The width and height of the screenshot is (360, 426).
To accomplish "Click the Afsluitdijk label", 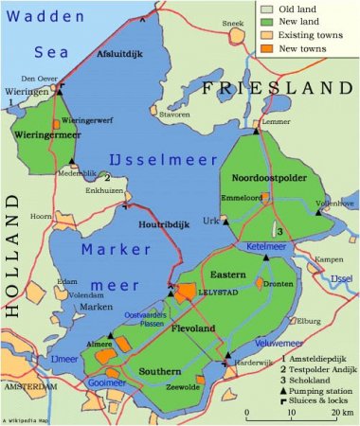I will [x=118, y=54].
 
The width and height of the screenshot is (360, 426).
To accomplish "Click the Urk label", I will [x=210, y=221].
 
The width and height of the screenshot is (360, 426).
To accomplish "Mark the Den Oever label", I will [x=48, y=79].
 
